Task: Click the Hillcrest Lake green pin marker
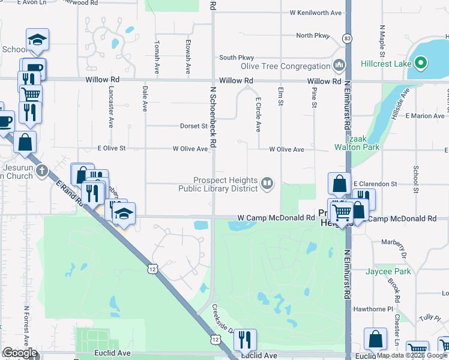point(421,63)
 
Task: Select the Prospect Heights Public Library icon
point(268,183)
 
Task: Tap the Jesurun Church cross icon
point(41,170)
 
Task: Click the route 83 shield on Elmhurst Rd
point(347,38)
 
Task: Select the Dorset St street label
point(194,127)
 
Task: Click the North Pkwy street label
point(313,35)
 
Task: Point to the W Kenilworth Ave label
point(315,13)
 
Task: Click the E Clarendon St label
point(375,183)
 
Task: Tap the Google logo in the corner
point(20,353)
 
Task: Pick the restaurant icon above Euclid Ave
point(245,340)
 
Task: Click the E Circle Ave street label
point(258,115)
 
